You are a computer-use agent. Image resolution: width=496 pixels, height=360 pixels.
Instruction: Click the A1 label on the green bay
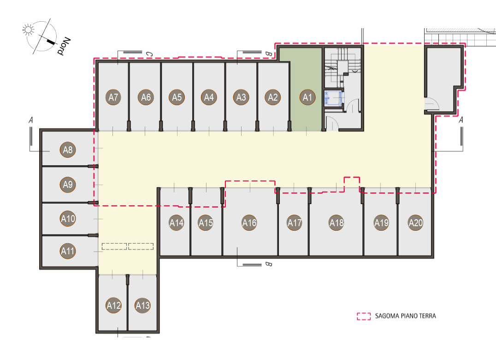coord(307,97)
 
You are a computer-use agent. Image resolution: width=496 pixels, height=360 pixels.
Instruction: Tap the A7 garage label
coord(113,97)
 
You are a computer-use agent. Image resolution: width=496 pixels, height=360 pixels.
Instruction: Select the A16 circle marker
coord(249,223)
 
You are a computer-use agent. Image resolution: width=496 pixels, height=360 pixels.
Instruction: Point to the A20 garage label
coord(416,223)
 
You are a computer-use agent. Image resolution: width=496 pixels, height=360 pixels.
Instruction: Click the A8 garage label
coord(68,150)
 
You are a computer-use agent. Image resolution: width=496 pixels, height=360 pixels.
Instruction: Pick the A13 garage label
coord(142,305)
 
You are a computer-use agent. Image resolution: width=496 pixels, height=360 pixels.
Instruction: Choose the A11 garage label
coord(68,251)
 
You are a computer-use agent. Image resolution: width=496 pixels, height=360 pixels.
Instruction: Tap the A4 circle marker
coord(209,97)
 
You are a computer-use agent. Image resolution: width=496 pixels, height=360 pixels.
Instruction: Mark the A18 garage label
coord(337,223)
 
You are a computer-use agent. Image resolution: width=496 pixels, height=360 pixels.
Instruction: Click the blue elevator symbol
coord(333,98)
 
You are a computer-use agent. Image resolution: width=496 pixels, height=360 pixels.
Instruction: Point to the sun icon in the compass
coord(28,30)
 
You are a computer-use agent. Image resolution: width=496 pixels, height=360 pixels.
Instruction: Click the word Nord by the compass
coord(64,46)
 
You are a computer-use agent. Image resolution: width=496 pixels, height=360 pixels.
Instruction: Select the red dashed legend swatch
coord(364,316)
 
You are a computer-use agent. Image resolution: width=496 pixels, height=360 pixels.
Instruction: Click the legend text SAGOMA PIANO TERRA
coord(406,316)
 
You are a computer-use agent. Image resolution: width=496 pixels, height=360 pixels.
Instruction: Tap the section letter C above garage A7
coord(149,54)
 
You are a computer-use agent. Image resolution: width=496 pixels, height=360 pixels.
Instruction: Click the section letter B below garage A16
coord(268,264)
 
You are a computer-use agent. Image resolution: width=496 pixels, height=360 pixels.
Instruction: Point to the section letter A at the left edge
coord(31,120)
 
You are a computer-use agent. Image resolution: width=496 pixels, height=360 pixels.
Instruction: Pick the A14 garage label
coord(177,223)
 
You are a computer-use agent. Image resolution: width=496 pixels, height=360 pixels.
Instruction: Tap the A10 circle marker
coord(68,219)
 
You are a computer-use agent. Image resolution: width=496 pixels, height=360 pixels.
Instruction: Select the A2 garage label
coord(273,97)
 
